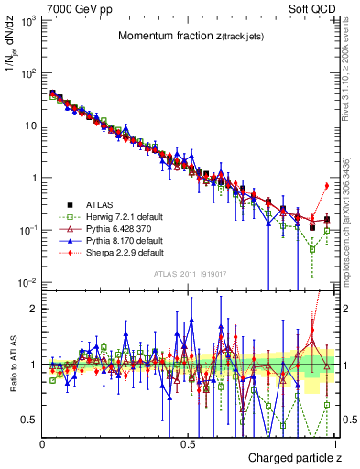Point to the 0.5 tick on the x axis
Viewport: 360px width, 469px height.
(x=188, y=443)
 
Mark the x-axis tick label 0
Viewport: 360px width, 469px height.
(x=43, y=443)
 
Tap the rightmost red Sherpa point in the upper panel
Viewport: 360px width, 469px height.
(x=327, y=186)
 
